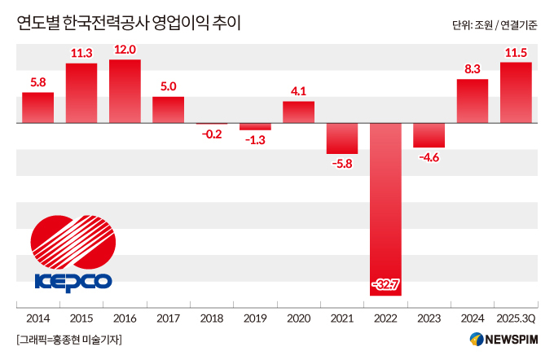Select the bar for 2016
pos(125,91)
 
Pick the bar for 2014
pos(37,108)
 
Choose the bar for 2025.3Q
pos(516,93)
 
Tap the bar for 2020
pos(298,112)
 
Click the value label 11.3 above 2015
pos(81,54)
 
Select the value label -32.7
pos(385,284)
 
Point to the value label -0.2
pos(212,134)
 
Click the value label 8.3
pos(473,70)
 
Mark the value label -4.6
pos(429,157)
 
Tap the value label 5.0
pos(168,87)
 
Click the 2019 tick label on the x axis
pos(255,318)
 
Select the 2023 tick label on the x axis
pos(429,318)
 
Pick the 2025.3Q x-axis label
pos(516,318)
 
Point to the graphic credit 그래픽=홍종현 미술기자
pos(68,340)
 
